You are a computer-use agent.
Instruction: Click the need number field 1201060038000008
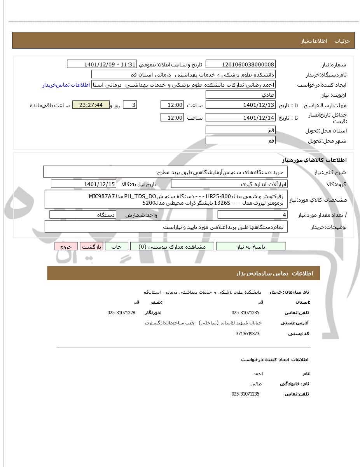[240, 64]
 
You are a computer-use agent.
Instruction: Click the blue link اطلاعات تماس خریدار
[66, 85]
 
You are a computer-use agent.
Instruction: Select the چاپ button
[117, 246]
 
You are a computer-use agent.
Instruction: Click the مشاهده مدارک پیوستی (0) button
[172, 246]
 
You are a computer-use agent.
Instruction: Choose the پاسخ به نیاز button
[251, 246]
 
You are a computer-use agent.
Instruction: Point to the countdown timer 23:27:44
[91, 105]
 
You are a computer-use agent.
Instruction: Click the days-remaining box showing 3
[130, 105]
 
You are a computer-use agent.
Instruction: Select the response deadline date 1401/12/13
[240, 105]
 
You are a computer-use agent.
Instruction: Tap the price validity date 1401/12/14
[240, 118]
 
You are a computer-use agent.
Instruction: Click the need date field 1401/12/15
[83, 184]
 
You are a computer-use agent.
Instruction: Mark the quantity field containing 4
[252, 215]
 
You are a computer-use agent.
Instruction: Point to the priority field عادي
[240, 95]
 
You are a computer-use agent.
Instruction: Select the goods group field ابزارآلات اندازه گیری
[229, 184]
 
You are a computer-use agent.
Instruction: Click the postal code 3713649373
[247, 334]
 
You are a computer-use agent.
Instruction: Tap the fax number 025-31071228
[121, 313]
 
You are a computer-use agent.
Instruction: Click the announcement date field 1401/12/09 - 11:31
[102, 64]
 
